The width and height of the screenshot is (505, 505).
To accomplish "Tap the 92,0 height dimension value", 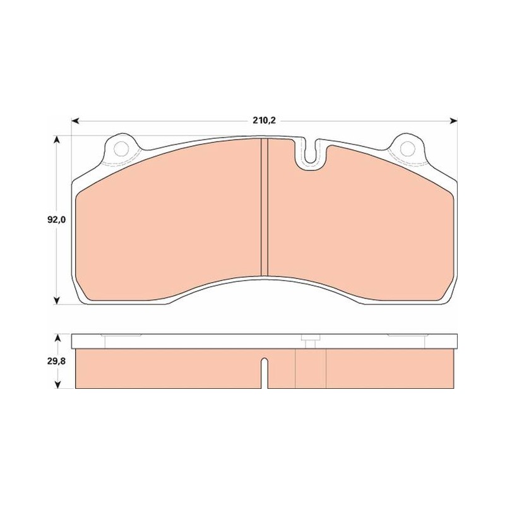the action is [56, 220].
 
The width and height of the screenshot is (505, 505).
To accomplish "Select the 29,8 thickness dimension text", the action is [56, 361].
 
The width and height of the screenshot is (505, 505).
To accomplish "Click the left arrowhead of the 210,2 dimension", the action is [75, 121].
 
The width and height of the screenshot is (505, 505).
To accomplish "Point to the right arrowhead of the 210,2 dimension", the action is [453, 121].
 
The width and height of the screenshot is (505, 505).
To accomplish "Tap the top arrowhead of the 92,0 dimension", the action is [57, 140].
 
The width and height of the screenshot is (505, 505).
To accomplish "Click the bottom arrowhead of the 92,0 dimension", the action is [57, 300].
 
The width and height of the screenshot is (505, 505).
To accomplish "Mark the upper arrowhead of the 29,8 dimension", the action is [57, 338].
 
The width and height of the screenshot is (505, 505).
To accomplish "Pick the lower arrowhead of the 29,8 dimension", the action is [57, 384].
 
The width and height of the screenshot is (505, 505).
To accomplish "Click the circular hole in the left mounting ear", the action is [122, 148].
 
